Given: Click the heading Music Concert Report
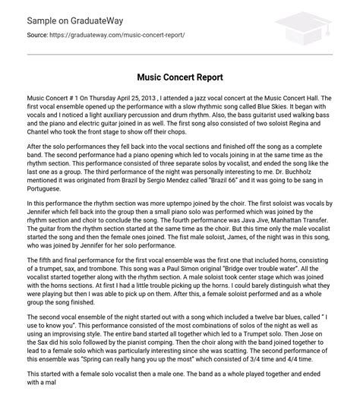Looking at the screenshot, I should point(179,77).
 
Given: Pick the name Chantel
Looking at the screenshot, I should point(39,143).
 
